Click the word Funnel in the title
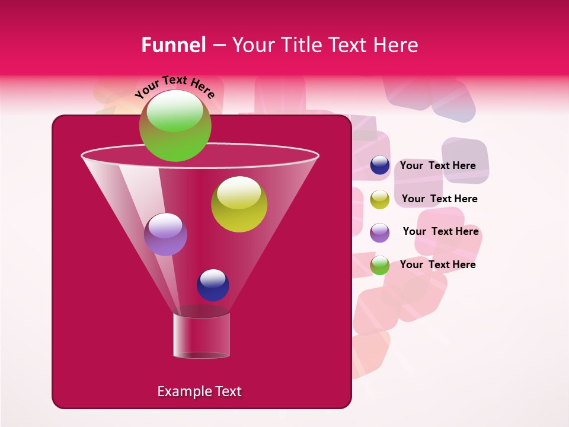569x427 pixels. (173, 45)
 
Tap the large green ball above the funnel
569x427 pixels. (175, 126)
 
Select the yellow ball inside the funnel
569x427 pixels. (239, 204)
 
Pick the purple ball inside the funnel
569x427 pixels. (165, 234)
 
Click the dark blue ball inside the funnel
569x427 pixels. (213, 285)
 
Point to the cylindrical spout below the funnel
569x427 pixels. (202, 336)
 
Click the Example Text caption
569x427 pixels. (200, 391)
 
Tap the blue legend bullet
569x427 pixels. (380, 165)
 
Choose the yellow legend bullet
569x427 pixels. (380, 199)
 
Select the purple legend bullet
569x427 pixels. (380, 232)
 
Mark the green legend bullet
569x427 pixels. (380, 266)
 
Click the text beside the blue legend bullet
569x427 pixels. (437, 165)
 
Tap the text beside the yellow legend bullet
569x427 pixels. (439, 199)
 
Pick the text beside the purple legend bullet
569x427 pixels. (440, 231)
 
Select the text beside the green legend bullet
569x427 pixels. (437, 265)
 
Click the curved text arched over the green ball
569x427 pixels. (175, 86)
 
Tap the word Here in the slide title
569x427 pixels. (397, 45)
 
